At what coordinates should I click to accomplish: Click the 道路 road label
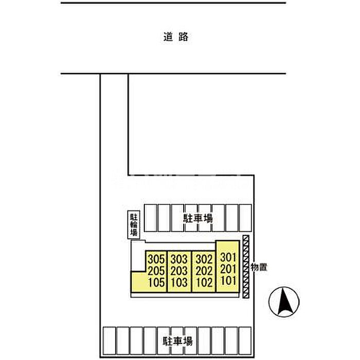[x=176, y=37]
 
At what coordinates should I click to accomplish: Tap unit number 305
[x=156, y=259]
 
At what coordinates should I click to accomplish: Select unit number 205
[x=156, y=271]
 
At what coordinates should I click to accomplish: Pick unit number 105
[x=156, y=282]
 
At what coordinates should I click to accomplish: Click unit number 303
[x=179, y=259]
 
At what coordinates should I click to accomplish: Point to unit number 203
[x=179, y=271]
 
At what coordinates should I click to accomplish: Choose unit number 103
[x=179, y=282]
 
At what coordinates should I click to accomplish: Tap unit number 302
[x=204, y=259]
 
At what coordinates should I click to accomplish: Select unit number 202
[x=204, y=271]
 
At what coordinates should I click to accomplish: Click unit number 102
[x=204, y=282]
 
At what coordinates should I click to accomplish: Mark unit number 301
[x=228, y=257]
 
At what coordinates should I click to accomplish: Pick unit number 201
[x=228, y=269]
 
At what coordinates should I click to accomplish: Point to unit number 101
[x=228, y=280]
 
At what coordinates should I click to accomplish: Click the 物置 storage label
[x=259, y=267]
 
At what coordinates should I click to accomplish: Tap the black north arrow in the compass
[x=285, y=302]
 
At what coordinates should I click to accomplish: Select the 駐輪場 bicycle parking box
[x=134, y=225]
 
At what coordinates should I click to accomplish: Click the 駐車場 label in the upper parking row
[x=197, y=218]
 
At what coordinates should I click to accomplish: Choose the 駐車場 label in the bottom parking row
[x=178, y=341]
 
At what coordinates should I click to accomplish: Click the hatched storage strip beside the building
[x=246, y=266]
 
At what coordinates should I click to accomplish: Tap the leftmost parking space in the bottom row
[x=109, y=340]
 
